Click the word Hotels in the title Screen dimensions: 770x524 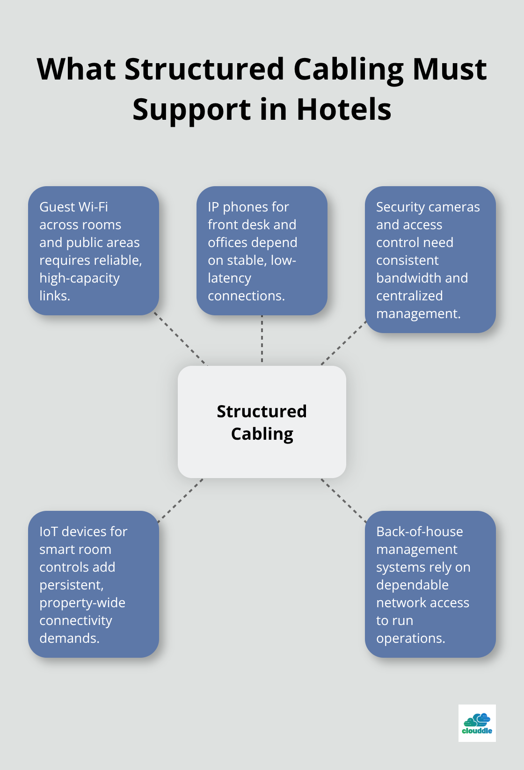344,109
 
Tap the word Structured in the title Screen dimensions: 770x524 204,69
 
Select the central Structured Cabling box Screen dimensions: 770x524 262,421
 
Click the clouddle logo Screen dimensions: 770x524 477,723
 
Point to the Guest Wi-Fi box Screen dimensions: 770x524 94,251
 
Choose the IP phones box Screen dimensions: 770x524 262,251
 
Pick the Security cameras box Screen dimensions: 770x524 430,260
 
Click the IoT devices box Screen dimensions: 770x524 94,584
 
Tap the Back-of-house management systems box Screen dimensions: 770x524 430,584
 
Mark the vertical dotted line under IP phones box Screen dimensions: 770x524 262,340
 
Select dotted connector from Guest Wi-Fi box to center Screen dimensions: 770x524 181,339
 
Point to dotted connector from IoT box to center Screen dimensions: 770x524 181,500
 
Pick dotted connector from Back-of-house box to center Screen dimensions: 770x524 344,500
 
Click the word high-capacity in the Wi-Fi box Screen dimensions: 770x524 80,278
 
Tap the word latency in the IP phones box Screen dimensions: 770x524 229,278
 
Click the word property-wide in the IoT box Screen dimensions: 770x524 82,603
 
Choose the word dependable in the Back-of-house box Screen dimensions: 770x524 412,585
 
